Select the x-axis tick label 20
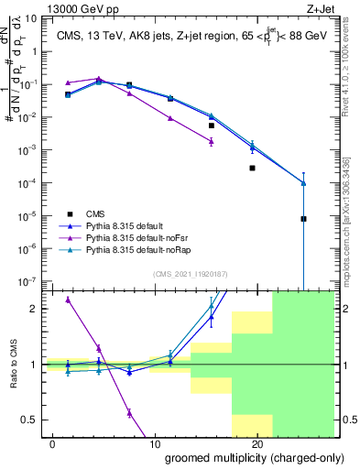pyautogui.click(x=257, y=443)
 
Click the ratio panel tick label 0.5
pyautogui.click(x=29, y=420)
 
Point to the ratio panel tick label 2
pyautogui.click(x=35, y=309)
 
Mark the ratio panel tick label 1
pyautogui.click(x=35, y=365)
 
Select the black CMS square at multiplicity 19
pyautogui.click(x=252, y=169)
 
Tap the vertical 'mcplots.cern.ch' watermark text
pyautogui.click(x=349, y=220)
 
